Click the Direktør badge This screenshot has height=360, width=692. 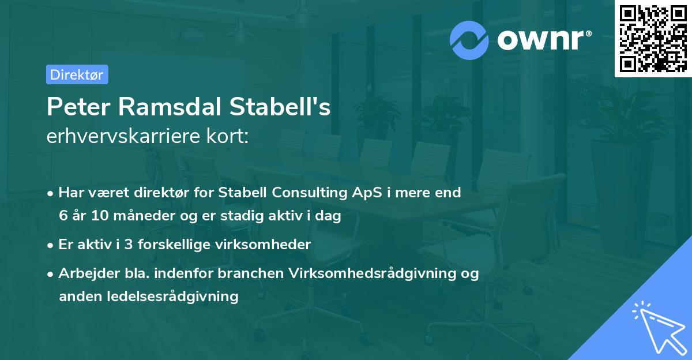point(77,74)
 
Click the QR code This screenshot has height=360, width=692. point(653,38)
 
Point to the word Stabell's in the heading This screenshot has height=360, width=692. point(281,108)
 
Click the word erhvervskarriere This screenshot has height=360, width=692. point(122,137)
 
